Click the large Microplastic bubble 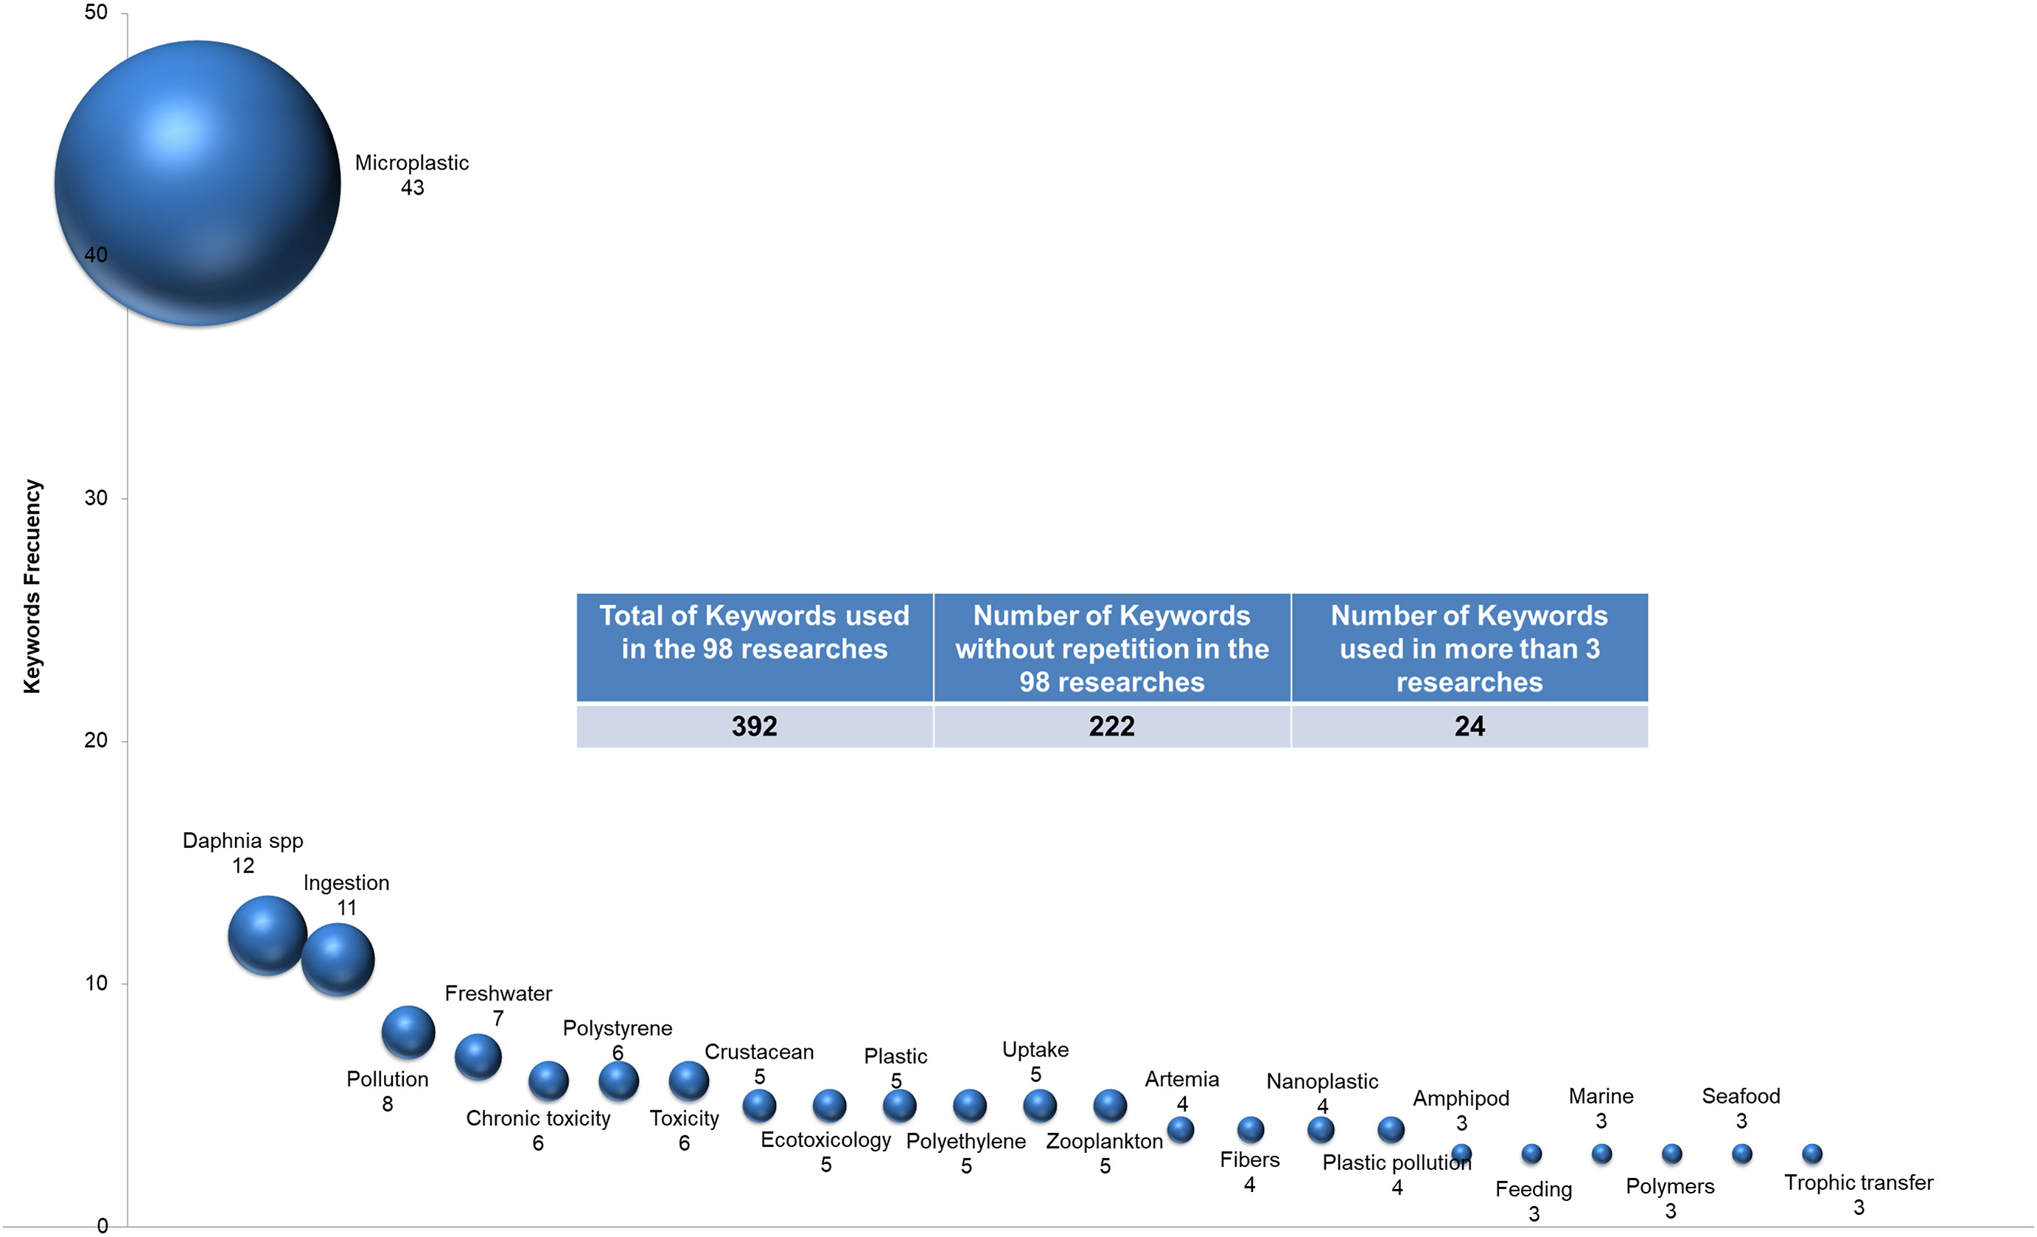tap(198, 183)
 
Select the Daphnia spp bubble tap(267, 935)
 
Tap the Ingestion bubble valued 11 tap(338, 959)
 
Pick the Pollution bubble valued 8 tap(408, 1032)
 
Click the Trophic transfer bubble tap(1811, 1153)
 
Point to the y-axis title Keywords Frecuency tap(32, 586)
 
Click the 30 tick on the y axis tap(96, 498)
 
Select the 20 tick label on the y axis tap(96, 740)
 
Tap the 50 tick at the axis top tap(96, 13)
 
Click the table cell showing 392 tap(754, 726)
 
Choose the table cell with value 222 tap(1111, 726)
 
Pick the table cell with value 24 tap(1469, 726)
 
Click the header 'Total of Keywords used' tap(754, 632)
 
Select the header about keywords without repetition tap(1111, 648)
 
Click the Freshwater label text tap(497, 993)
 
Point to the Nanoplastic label tap(1322, 1081)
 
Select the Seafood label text tap(1740, 1095)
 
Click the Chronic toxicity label tap(537, 1118)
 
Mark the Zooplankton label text tap(1104, 1141)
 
